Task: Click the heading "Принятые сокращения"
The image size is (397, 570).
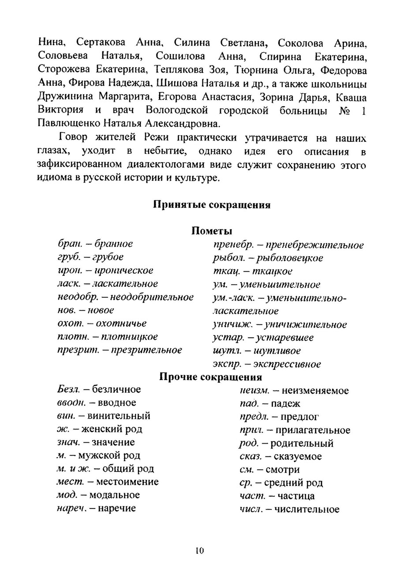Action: pyautogui.click(x=211, y=205)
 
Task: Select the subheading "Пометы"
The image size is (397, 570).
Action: pyautogui.click(x=211, y=231)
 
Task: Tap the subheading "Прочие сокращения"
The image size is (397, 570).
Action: pyautogui.click(x=210, y=377)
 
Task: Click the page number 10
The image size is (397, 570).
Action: pyautogui.click(x=198, y=551)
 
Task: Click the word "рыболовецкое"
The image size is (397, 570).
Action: pyautogui.click(x=292, y=258)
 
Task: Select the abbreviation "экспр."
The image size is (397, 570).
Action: pyautogui.click(x=226, y=365)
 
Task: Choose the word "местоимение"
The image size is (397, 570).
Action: pyautogui.click(x=127, y=482)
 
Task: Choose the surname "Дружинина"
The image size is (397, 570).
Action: pyautogui.click(x=70, y=97)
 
